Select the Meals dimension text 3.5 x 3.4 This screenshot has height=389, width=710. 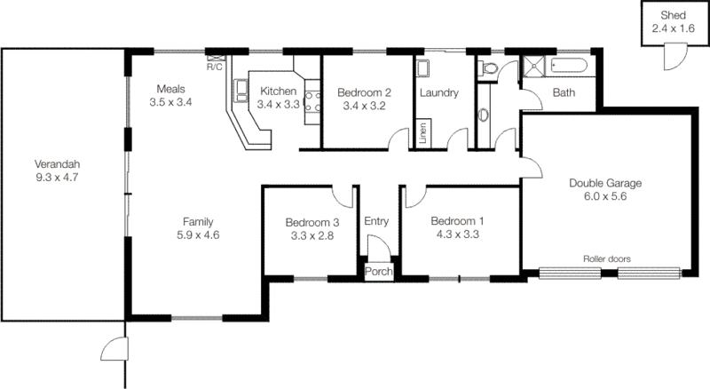click(x=171, y=103)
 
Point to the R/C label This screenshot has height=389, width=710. click(x=214, y=67)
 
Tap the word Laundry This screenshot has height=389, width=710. click(x=438, y=91)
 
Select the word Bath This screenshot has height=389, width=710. click(x=564, y=92)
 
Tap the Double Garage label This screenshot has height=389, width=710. click(x=604, y=184)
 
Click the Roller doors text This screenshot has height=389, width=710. click(x=606, y=259)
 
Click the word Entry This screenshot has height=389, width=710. click(x=377, y=221)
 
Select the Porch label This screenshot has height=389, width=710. click(x=379, y=271)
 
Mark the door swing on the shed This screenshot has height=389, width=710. click(x=671, y=58)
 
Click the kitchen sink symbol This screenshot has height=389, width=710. click(x=240, y=88)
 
